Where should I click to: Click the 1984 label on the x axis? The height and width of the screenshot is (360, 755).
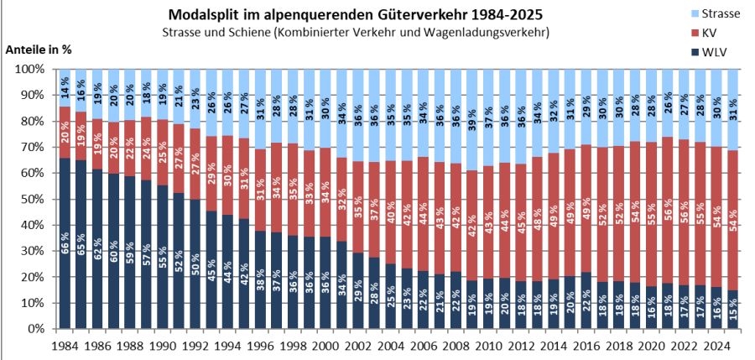click(x=65, y=345)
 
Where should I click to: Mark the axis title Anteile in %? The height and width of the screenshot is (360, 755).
click(x=39, y=49)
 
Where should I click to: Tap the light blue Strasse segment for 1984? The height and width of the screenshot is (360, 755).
click(x=65, y=88)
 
